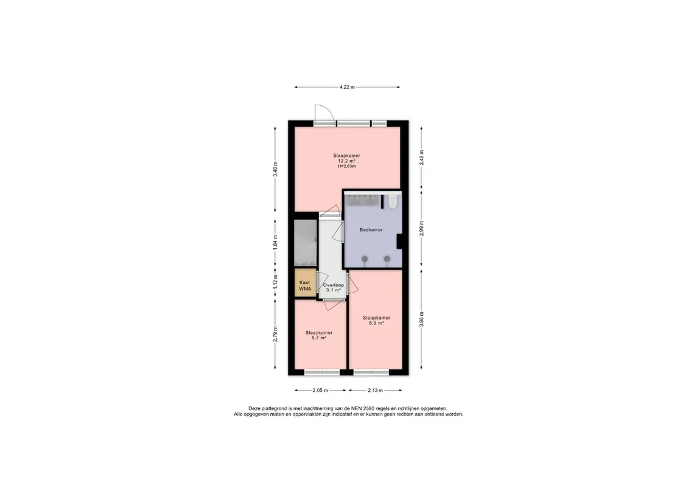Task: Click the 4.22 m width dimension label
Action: pyautogui.click(x=347, y=87)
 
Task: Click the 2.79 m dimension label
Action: pyautogui.click(x=275, y=334)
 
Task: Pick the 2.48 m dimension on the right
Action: pyautogui.click(x=421, y=158)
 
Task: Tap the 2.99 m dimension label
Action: pyautogui.click(x=421, y=228)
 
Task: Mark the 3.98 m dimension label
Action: pyautogui.click(x=421, y=319)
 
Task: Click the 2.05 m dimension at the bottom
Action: pyautogui.click(x=320, y=391)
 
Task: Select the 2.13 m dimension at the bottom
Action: pyautogui.click(x=375, y=391)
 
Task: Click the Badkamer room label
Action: pyautogui.click(x=371, y=229)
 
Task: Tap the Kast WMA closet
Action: pyautogui.click(x=305, y=282)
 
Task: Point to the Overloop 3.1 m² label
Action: pyautogui.click(x=334, y=287)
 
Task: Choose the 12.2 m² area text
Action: pyautogui.click(x=347, y=161)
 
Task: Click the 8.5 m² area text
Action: pyautogui.click(x=376, y=323)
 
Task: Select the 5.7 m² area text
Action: pyautogui.click(x=319, y=338)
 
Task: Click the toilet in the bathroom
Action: pyautogui.click(x=393, y=201)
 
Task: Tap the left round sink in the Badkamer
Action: pyautogui.click(x=365, y=259)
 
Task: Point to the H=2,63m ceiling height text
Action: pyautogui.click(x=347, y=166)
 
